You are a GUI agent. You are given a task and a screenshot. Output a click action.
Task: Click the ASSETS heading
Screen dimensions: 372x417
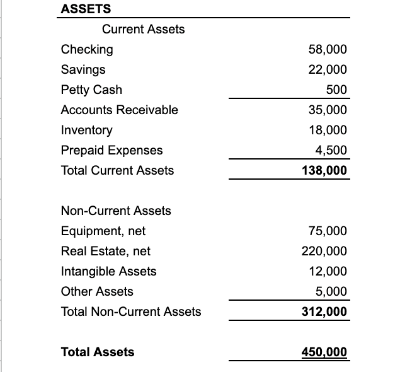tap(86, 9)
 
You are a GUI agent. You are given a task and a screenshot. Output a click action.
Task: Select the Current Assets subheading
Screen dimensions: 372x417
tap(144, 29)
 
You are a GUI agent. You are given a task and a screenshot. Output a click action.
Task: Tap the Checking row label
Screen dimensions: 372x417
tap(87, 49)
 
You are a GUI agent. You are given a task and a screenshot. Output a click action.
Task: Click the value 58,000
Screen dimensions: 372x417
tap(328, 49)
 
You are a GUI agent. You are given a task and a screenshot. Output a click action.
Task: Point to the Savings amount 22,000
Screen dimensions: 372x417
tap(328, 69)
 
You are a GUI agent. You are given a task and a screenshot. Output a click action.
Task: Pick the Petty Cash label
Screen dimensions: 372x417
tap(91, 90)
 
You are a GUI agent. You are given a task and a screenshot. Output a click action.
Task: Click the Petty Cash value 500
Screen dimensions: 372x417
tap(336, 90)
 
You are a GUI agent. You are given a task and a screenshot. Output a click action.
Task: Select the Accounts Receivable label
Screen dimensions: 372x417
tap(119, 110)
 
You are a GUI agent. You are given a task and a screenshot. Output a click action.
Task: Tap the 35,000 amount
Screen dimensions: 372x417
tap(328, 110)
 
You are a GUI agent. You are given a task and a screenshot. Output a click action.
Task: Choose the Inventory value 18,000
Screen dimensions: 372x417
tap(328, 130)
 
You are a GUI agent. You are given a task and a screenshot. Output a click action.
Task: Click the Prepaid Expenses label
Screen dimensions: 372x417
tap(111, 150)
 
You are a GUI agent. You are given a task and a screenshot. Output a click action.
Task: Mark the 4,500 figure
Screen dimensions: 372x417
tap(331, 150)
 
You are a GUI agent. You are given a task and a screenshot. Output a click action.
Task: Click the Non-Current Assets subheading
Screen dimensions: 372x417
tap(116, 211)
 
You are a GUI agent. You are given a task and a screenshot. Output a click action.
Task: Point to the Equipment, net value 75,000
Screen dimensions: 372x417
tap(328, 231)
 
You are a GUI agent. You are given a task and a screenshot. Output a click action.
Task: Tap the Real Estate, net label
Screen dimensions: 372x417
tap(106, 251)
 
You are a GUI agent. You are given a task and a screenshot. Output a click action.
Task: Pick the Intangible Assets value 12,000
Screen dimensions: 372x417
tap(328, 271)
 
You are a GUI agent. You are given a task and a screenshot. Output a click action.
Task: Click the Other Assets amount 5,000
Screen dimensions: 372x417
tap(331, 291)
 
